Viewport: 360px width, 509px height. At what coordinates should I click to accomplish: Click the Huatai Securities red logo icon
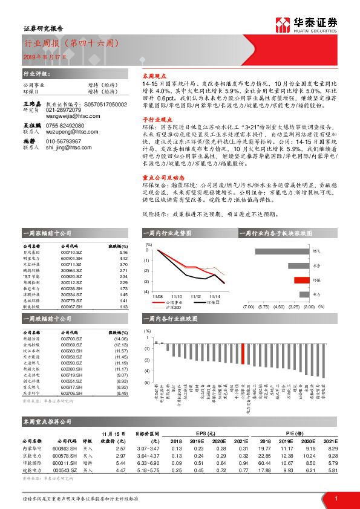pyautogui.click(x=283, y=24)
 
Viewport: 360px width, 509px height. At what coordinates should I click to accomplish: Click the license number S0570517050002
pyautogui.click(x=105, y=105)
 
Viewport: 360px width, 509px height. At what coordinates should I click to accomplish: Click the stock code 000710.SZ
pyautogui.click(x=70, y=253)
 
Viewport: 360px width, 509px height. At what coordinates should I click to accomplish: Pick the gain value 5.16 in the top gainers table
pyautogui.click(x=124, y=253)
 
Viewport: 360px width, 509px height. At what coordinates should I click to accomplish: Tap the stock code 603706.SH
pyautogui.click(x=71, y=393)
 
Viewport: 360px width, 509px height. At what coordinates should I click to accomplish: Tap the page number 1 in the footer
pyautogui.click(x=336, y=498)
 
